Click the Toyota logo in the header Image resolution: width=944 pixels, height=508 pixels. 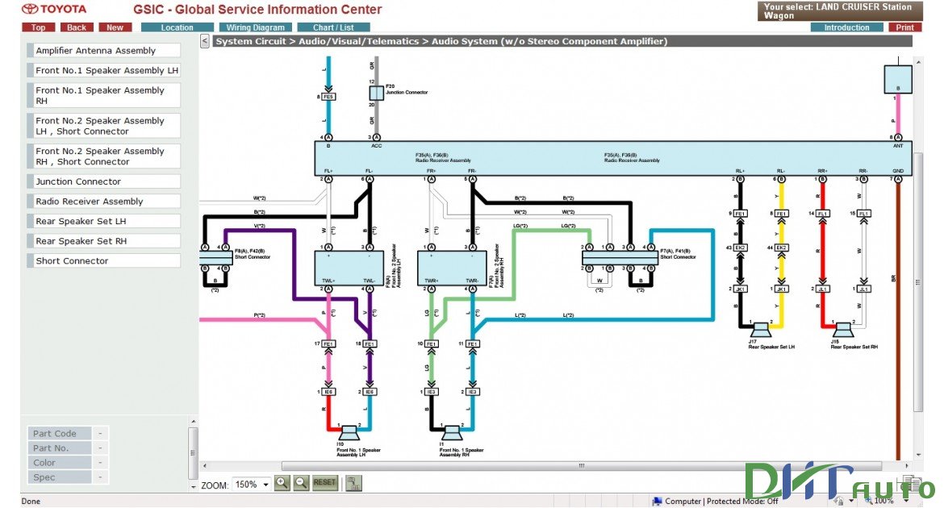53,9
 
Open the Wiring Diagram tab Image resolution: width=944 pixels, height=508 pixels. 255,27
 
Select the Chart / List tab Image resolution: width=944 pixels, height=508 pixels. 333,27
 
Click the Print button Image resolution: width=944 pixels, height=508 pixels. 904,27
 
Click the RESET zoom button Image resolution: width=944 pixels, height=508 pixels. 324,483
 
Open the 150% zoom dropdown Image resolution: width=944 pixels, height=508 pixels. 250,485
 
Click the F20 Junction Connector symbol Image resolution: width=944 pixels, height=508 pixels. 376,93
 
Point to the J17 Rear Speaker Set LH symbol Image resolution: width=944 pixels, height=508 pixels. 760,330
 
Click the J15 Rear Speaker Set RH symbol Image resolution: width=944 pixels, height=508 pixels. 843,330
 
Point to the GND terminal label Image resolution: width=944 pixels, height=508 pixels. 898,171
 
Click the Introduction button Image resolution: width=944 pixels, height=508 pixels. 846,27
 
